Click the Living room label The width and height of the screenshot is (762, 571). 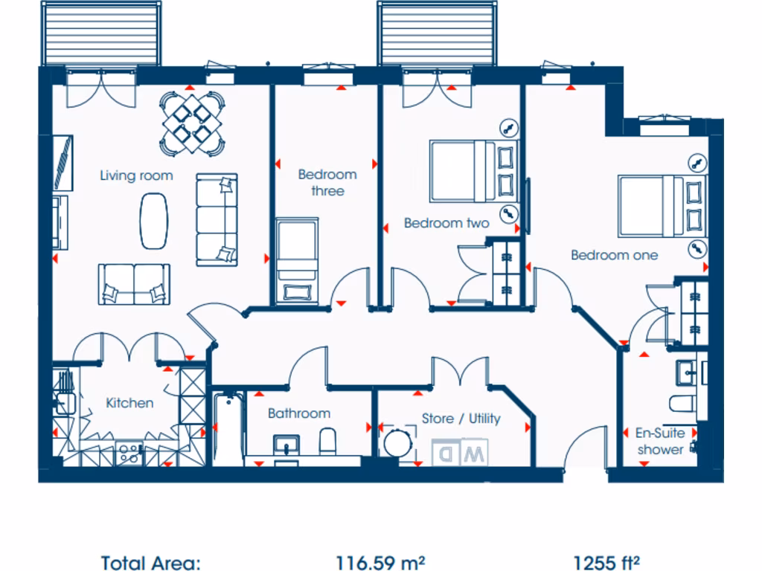[136, 175]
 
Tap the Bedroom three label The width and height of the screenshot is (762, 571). [327, 183]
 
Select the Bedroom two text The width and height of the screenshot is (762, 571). [446, 223]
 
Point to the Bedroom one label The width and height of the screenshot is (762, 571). [614, 255]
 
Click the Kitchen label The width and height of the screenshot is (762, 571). [129, 403]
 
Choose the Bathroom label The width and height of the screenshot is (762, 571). [298, 413]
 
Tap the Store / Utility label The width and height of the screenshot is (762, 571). [461, 419]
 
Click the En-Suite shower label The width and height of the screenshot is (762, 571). [659, 441]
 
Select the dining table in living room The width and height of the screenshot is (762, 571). [192, 123]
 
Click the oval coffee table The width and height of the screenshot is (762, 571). [154, 221]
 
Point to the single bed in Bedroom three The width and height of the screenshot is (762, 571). [297, 260]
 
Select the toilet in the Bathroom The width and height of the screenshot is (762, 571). [327, 443]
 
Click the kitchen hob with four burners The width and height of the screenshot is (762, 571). [129, 453]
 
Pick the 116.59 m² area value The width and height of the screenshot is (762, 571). [380, 562]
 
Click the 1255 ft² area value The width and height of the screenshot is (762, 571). [607, 562]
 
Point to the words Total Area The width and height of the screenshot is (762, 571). [150, 562]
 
